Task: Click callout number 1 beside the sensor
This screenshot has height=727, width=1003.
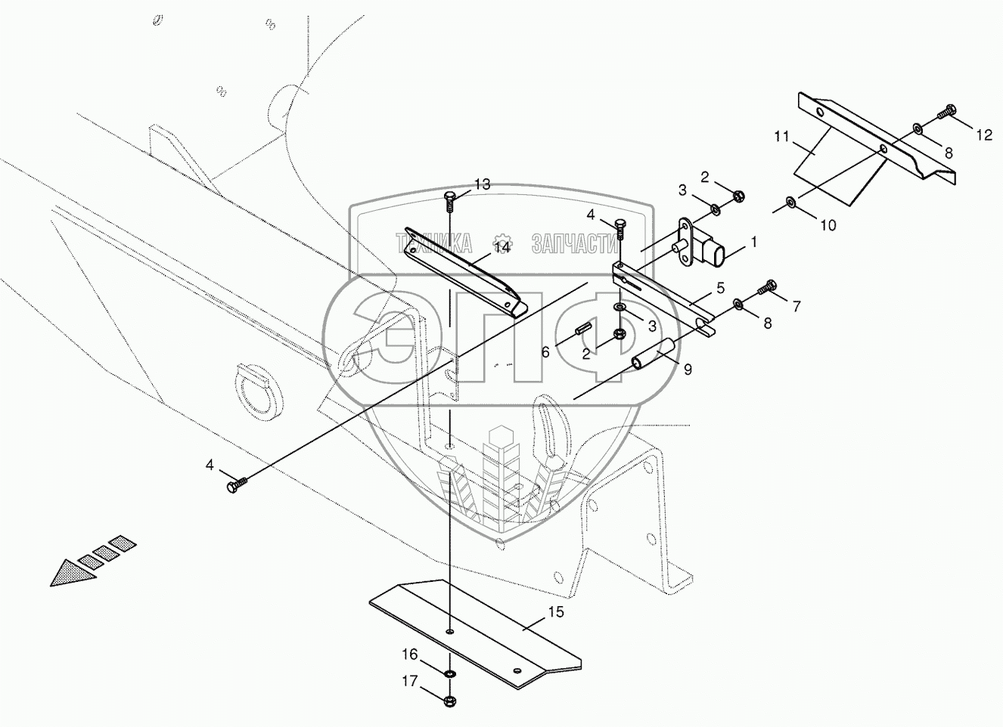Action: coord(753,243)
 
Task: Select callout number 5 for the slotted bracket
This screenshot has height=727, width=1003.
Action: coord(720,288)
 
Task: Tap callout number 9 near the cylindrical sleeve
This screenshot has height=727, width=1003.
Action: coord(688,370)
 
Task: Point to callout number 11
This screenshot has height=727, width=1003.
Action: coord(782,137)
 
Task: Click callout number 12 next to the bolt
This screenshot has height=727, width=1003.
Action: coord(983,135)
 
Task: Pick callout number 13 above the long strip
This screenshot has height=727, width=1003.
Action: coord(482,184)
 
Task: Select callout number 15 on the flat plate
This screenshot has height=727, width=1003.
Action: coord(556,612)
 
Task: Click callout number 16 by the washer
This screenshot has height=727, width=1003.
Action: coord(409,654)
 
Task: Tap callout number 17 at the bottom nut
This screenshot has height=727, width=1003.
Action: coord(409,682)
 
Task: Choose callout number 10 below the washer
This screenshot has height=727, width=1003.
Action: coord(828,224)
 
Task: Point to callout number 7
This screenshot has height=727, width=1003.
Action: coord(796,307)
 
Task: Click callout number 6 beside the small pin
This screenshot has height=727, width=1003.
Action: coord(545,351)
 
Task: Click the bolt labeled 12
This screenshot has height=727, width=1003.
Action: coord(946,113)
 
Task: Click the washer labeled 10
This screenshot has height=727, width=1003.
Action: coord(790,202)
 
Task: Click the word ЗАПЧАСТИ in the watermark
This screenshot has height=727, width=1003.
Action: coord(576,243)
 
